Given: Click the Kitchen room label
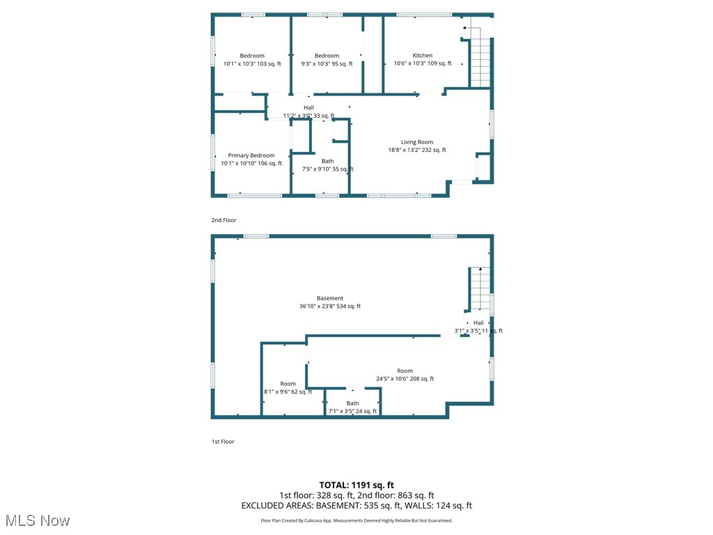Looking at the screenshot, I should click(422, 56).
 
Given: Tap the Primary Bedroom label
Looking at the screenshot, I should click(251, 155).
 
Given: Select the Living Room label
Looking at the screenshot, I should click(416, 142).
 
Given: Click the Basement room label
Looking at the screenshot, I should click(330, 298).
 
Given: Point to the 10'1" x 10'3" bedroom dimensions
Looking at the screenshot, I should click(252, 64).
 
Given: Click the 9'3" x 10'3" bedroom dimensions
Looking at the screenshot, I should click(327, 64).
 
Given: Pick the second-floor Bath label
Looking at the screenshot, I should click(327, 161).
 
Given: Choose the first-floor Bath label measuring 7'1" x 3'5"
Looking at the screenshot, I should click(352, 403).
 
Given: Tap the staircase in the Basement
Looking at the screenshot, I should click(480, 289).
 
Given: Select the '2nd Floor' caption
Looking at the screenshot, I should click(224, 220).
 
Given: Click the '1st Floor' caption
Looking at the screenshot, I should click(224, 442).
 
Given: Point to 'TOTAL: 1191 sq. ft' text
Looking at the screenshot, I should click(356, 485).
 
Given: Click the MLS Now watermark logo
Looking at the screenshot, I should click(38, 520).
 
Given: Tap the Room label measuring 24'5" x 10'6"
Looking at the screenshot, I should click(405, 371).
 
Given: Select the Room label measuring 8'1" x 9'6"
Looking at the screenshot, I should click(288, 384).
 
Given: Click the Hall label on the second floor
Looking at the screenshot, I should click(308, 107).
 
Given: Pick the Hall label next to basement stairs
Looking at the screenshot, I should click(478, 323).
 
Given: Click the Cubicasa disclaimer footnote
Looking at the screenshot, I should click(356, 520).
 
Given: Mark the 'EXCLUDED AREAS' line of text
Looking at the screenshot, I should click(356, 506).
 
